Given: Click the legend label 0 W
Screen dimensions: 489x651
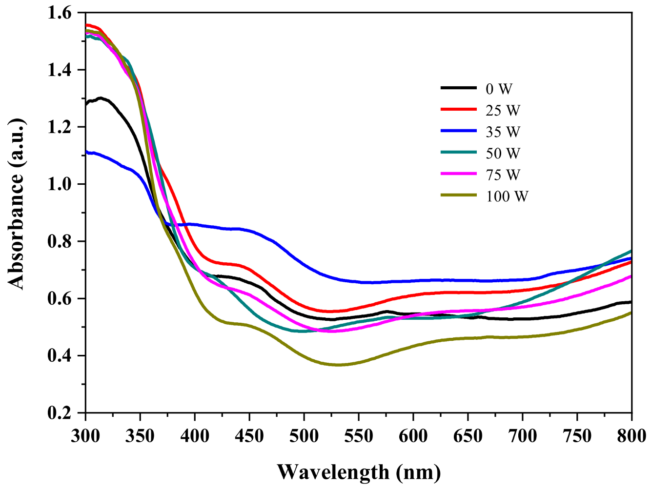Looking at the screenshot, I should pos(499,89).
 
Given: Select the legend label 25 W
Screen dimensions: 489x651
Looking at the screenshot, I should pos(503,110).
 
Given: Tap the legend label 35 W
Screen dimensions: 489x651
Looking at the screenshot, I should pos(503,132).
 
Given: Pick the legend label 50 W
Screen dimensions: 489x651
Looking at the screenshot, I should pos(503,153).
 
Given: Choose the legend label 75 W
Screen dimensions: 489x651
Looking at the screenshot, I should pos(503,175).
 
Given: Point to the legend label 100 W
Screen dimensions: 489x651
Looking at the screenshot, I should pos(507,196).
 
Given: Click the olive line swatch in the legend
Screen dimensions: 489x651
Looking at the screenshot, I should pos(458,195).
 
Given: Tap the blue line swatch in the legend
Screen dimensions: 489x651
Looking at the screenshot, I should pos(458,131).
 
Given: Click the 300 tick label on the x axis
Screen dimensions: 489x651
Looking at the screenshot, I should pos(86,435).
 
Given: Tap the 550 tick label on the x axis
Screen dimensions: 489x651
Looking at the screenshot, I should pos(359,435).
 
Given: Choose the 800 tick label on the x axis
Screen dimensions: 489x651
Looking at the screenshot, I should pos(631,435).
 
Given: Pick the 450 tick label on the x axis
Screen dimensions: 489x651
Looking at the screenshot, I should pos(249,435).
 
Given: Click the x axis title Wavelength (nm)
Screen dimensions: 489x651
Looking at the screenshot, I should pos(359,472).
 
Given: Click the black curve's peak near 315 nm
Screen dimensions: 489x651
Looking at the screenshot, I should pos(101,98).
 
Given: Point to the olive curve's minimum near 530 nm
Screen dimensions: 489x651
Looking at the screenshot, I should pos(337,365).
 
